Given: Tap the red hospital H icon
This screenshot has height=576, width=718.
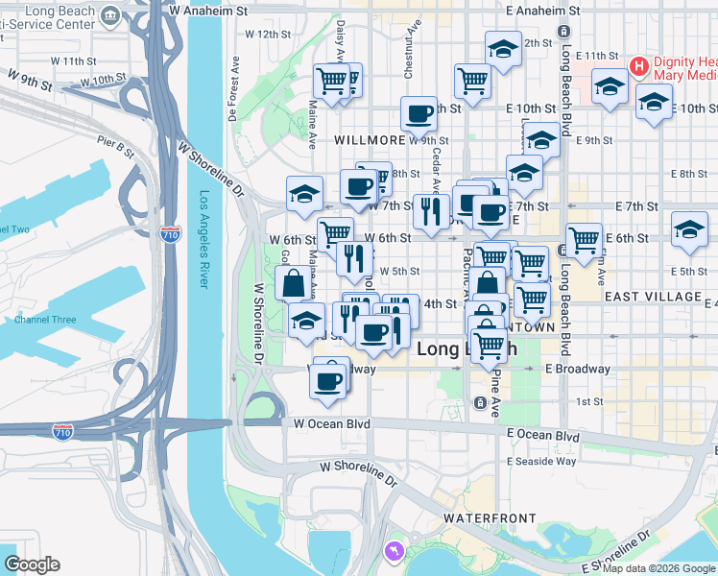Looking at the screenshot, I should [x=638, y=66].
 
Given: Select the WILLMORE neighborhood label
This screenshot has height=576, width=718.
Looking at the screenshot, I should [x=369, y=139].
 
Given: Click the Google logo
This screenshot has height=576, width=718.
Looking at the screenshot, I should [x=32, y=564].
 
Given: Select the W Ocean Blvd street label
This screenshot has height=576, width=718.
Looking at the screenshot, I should [x=331, y=422].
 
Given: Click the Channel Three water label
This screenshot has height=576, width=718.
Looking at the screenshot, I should [x=45, y=319].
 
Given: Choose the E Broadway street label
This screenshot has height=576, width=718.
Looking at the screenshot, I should [x=577, y=369].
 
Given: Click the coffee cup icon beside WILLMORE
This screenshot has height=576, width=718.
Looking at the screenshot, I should [x=419, y=114].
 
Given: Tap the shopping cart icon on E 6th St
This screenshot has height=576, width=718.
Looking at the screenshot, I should [x=583, y=239].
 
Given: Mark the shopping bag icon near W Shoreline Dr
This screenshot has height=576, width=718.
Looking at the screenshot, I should [x=293, y=283].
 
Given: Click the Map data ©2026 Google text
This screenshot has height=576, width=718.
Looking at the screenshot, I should [x=658, y=568].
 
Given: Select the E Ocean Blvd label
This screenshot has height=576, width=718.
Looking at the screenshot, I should [x=543, y=435].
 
